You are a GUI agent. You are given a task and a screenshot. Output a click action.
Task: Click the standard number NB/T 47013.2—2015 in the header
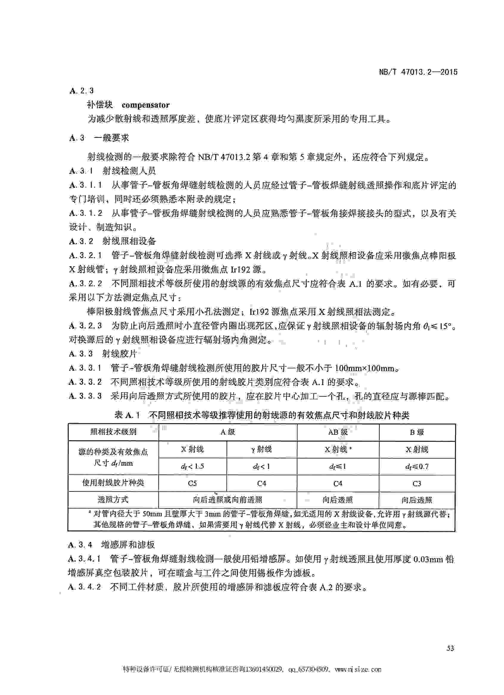418,72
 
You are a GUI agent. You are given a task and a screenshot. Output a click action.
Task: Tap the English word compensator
146,105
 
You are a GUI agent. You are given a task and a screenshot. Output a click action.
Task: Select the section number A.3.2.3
86,326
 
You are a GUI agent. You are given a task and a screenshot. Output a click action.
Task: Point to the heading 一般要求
111,138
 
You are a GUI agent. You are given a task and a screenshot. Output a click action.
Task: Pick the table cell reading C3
417,483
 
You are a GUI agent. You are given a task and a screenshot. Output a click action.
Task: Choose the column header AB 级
338,432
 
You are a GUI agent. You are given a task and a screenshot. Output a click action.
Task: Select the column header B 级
417,432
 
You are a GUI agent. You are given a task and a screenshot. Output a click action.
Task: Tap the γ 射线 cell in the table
261,449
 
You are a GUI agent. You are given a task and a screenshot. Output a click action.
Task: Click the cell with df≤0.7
417,467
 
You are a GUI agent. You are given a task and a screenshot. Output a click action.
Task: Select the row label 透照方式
113,500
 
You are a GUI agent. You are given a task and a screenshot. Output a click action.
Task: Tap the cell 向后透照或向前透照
227,500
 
